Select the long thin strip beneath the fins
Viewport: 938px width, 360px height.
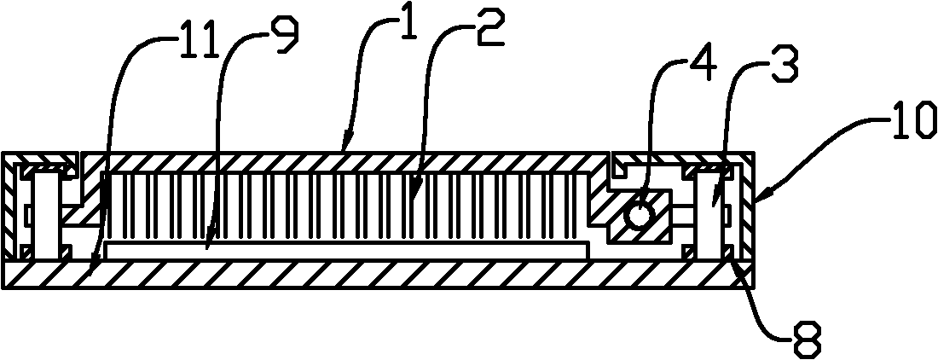[341, 250]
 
